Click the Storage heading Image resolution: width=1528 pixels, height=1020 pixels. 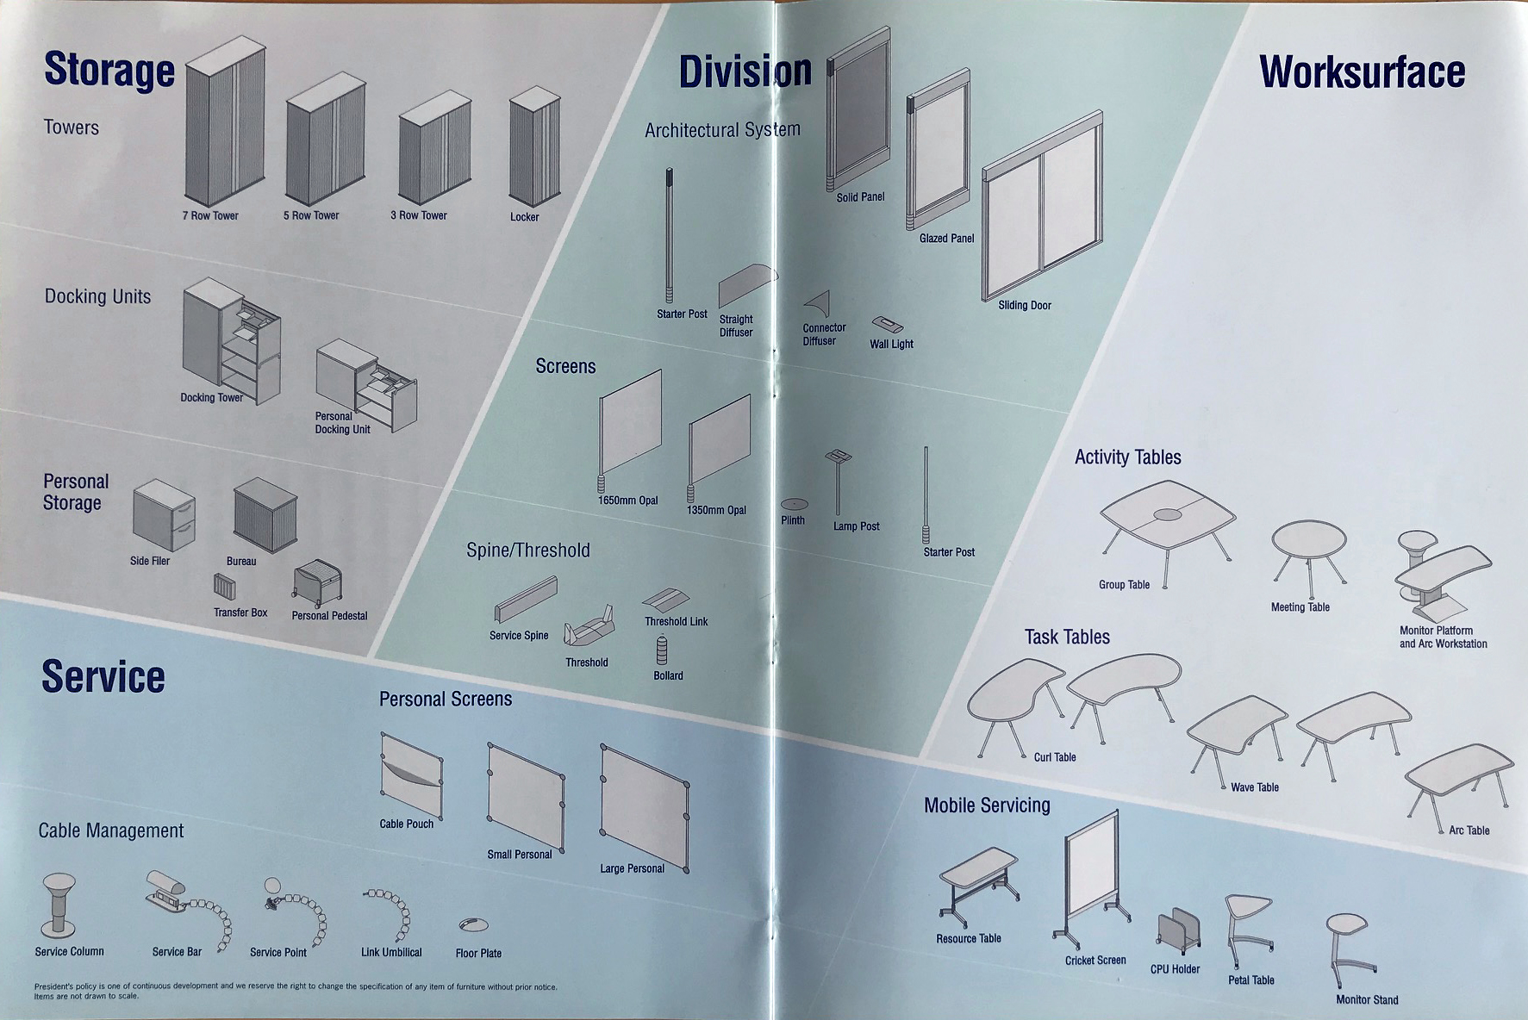point(109,70)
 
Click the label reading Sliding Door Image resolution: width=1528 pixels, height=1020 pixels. point(1025,305)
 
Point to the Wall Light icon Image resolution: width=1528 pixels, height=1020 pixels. point(887,325)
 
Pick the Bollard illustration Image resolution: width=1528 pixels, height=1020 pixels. point(662,650)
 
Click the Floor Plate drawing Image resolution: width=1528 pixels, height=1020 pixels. point(473,924)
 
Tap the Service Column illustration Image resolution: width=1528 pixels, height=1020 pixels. point(59,903)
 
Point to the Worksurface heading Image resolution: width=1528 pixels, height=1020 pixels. point(1362,72)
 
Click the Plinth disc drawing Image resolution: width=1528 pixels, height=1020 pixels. point(794,504)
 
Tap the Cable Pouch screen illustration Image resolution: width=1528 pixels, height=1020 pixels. point(411,774)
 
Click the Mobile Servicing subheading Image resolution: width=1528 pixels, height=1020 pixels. point(987,805)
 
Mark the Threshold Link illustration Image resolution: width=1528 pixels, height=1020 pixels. point(664,599)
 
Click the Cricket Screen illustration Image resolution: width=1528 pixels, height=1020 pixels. point(1091,878)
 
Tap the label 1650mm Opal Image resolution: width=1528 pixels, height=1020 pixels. point(627,501)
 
